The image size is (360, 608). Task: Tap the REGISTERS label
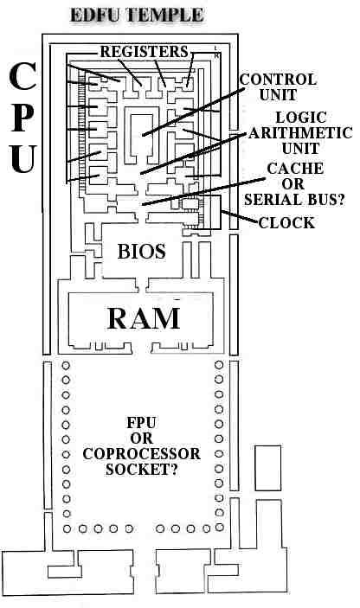pos(145,52)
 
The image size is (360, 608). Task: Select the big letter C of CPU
pos(22,76)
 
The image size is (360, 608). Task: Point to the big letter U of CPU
pos(23,159)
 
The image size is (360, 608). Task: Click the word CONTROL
pos(278,80)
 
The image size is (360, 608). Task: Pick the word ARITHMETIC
pos(300,133)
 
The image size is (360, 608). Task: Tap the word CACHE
pos(295,169)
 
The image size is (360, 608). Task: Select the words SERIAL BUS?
pos(294,199)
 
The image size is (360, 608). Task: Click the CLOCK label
pos(286,223)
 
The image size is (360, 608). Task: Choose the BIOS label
pos(142,252)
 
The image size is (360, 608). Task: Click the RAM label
pos(144,318)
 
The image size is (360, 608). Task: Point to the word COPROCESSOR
pos(142,454)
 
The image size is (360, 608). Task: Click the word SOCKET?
pos(142,469)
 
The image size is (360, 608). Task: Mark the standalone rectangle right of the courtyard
pos(267,468)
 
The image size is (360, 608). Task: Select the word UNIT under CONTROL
pos(278,95)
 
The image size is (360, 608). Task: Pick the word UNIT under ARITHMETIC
pos(300,149)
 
